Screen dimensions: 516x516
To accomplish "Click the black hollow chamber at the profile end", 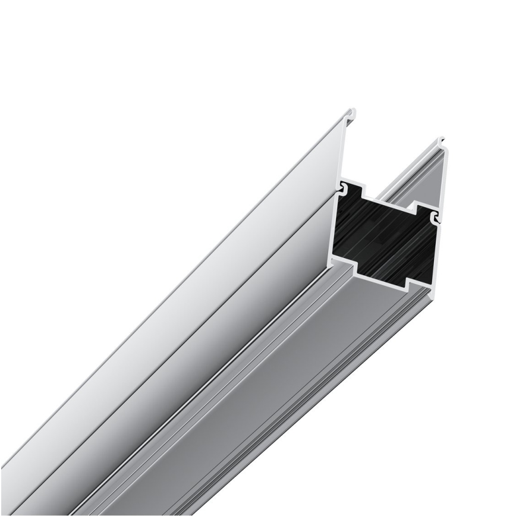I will click(386, 235).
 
